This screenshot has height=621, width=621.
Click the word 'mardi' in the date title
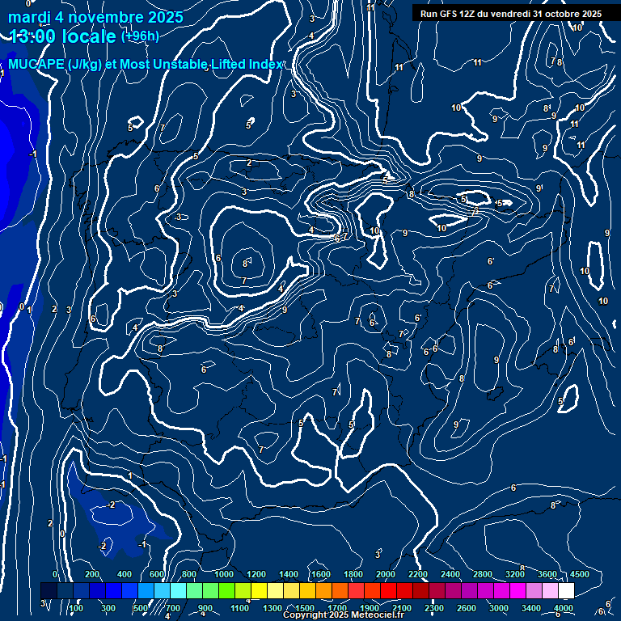coord(28,16)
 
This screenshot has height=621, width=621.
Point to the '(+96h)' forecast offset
coord(140,36)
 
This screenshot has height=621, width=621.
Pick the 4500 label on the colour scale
coord(579,574)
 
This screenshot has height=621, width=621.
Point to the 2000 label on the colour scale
coord(386,574)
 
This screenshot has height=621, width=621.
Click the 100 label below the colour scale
coord(77,608)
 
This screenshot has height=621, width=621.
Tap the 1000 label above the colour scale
coord(224,574)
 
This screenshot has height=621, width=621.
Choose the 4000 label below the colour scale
coord(564,608)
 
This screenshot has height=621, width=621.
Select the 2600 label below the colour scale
coord(467,608)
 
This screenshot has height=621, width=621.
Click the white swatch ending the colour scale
coord(566,591)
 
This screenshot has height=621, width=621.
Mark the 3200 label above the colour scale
coord(515,574)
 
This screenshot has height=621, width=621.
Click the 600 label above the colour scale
coord(157,574)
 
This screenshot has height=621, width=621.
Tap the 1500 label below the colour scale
coord(305,608)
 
